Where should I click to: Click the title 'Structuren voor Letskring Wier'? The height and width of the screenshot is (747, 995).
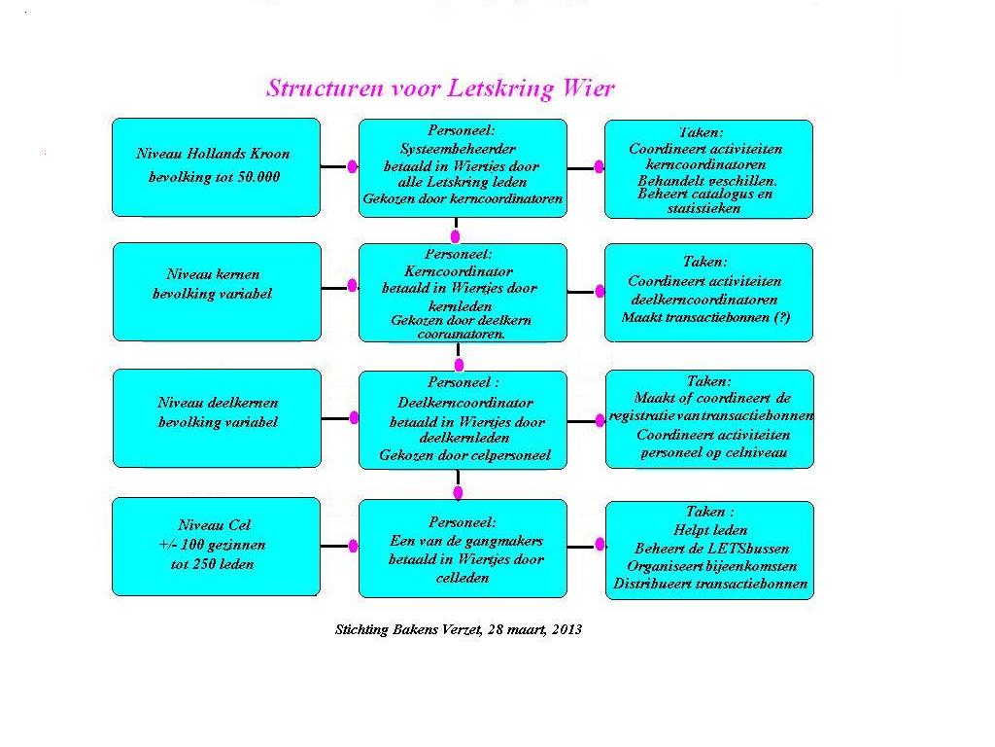440,89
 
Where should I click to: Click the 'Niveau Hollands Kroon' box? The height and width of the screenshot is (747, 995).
217,167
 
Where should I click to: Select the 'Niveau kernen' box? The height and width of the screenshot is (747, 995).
217,292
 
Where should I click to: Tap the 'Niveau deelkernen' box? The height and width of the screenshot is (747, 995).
217,418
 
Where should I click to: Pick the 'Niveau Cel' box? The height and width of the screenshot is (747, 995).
217,547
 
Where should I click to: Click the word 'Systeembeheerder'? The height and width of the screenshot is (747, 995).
458,149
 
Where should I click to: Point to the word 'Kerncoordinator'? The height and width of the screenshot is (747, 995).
459,272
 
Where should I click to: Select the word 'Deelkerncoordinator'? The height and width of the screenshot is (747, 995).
465,403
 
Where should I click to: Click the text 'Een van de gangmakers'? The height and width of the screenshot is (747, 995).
466,541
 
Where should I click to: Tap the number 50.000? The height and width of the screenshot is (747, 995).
258,177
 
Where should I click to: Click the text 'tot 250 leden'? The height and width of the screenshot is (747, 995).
212,564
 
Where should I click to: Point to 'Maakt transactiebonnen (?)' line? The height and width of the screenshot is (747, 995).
705,317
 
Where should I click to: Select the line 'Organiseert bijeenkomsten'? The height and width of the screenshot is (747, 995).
712,566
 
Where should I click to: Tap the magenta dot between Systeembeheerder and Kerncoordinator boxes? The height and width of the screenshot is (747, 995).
455,236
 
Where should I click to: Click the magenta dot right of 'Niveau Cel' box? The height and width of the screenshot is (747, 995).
353,547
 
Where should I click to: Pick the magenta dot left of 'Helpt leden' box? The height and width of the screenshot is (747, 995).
600,545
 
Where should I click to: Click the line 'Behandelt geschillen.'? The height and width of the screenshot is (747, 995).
707,181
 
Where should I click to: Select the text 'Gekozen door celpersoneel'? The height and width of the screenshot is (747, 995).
465,455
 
